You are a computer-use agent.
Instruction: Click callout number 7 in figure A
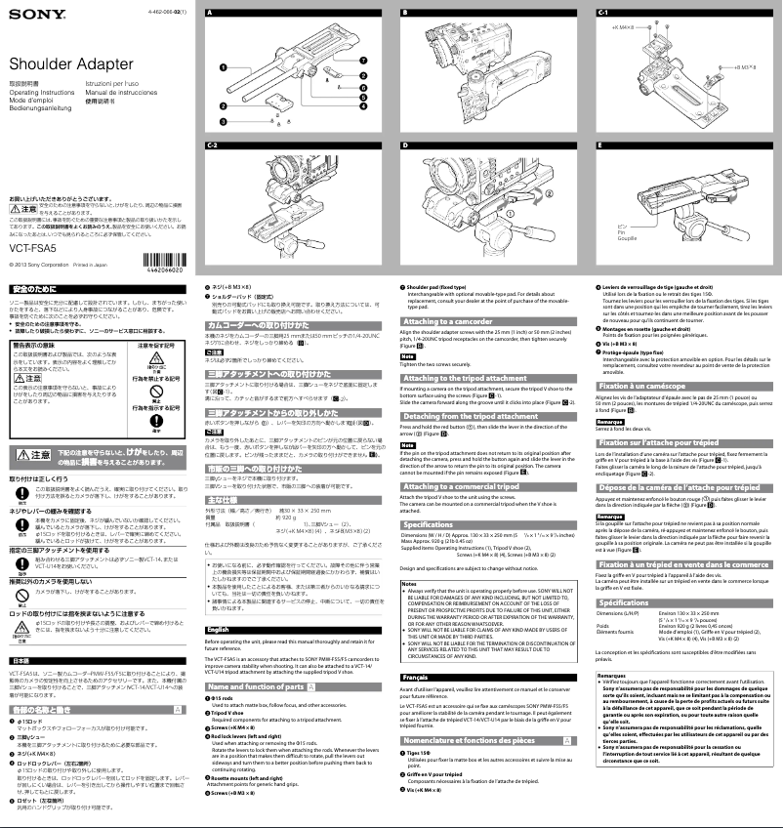coord(362,62)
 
